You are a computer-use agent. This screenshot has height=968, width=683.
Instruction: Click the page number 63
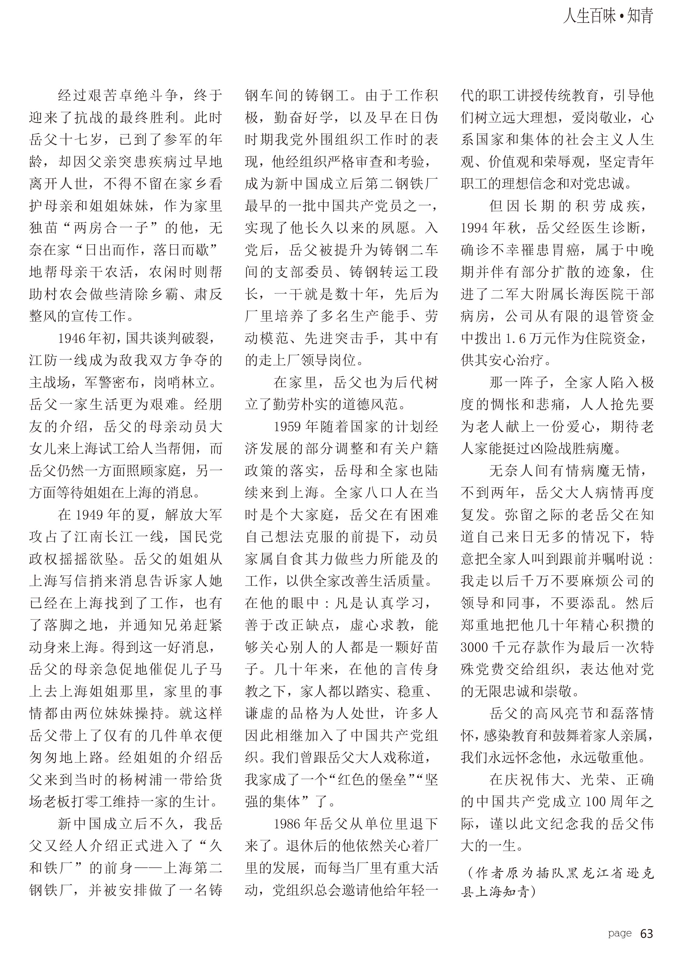[x=646, y=933]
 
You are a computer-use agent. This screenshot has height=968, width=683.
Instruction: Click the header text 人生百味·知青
[x=608, y=16]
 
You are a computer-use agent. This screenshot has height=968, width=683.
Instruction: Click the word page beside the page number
[x=619, y=933]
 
